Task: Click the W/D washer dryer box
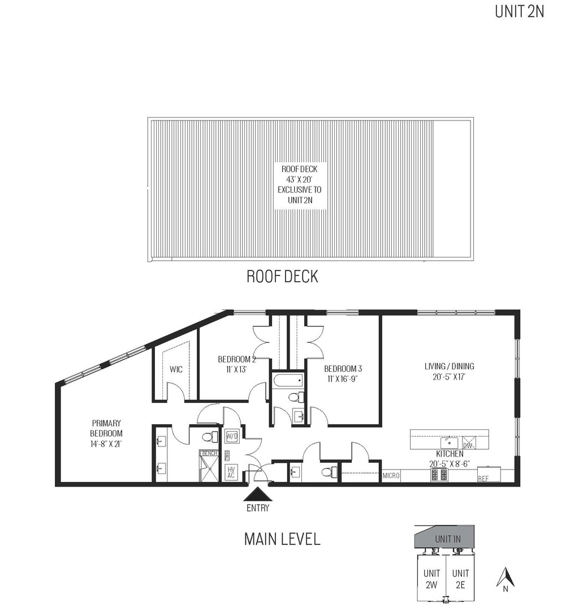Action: [232, 437]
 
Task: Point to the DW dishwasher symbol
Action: [468, 443]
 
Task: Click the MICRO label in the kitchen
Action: [391, 476]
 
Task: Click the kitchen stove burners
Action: [439, 475]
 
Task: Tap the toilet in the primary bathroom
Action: [210, 437]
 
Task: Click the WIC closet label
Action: [175, 370]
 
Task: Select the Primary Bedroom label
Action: [105, 428]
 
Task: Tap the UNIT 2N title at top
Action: [519, 11]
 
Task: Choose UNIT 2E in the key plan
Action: [461, 579]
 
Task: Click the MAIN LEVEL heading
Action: [282, 539]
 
